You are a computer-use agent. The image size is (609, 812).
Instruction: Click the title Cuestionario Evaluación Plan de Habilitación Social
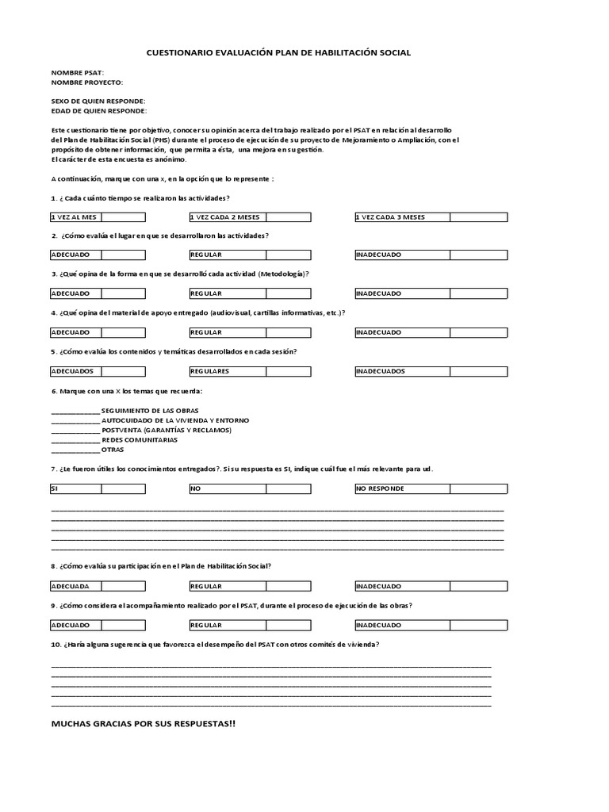[x=279, y=52]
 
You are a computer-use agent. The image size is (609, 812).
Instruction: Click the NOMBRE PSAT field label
[x=77, y=73]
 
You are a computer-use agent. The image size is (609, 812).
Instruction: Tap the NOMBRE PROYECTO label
[x=87, y=82]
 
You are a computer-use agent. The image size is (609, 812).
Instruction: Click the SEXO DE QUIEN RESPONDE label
[x=98, y=101]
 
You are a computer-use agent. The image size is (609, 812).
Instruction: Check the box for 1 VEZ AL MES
[x=123, y=216]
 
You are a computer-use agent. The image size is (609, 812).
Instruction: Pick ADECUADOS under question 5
[x=123, y=371]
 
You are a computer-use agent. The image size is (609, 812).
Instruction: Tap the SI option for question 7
[x=123, y=488]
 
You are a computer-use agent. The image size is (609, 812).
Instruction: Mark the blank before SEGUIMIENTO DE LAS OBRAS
[x=75, y=410]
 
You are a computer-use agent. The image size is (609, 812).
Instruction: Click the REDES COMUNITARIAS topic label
[x=140, y=439]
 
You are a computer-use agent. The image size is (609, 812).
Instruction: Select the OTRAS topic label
[x=113, y=450]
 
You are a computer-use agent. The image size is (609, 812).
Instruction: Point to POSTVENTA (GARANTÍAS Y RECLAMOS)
[x=167, y=430]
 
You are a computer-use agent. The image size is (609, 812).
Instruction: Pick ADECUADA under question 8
[x=123, y=586]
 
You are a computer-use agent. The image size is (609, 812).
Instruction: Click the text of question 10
[x=214, y=645]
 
